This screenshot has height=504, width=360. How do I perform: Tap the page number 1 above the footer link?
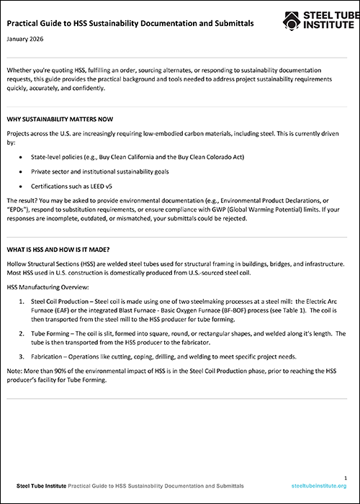point(346,477)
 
